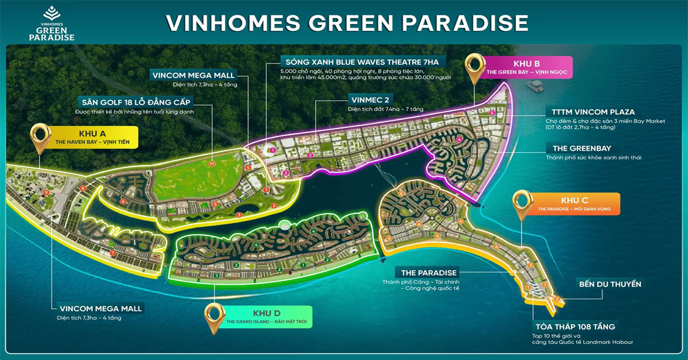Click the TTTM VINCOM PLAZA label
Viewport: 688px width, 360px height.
(x=590, y=112)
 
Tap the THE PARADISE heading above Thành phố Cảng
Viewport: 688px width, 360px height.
(x=429, y=272)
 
